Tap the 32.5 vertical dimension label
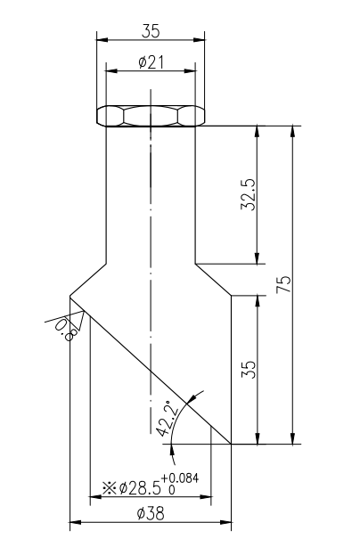pos(249,194)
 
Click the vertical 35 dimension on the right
pos(250,369)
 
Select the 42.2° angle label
pos(167,417)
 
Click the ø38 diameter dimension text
pos(151,513)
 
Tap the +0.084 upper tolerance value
pos(181,478)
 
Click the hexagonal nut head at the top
pos(151,116)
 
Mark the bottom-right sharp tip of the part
pos(232,443)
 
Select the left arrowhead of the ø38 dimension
pos(75,522)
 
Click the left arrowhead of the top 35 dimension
pos(101,39)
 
